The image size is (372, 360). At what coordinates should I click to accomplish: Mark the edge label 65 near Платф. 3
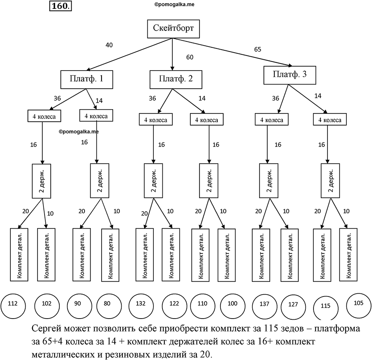pos(258,49)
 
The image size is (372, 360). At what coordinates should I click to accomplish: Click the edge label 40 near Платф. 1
pos(109,45)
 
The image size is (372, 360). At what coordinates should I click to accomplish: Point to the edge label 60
pos(190,57)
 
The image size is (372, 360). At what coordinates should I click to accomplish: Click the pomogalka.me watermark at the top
pos(174,4)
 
